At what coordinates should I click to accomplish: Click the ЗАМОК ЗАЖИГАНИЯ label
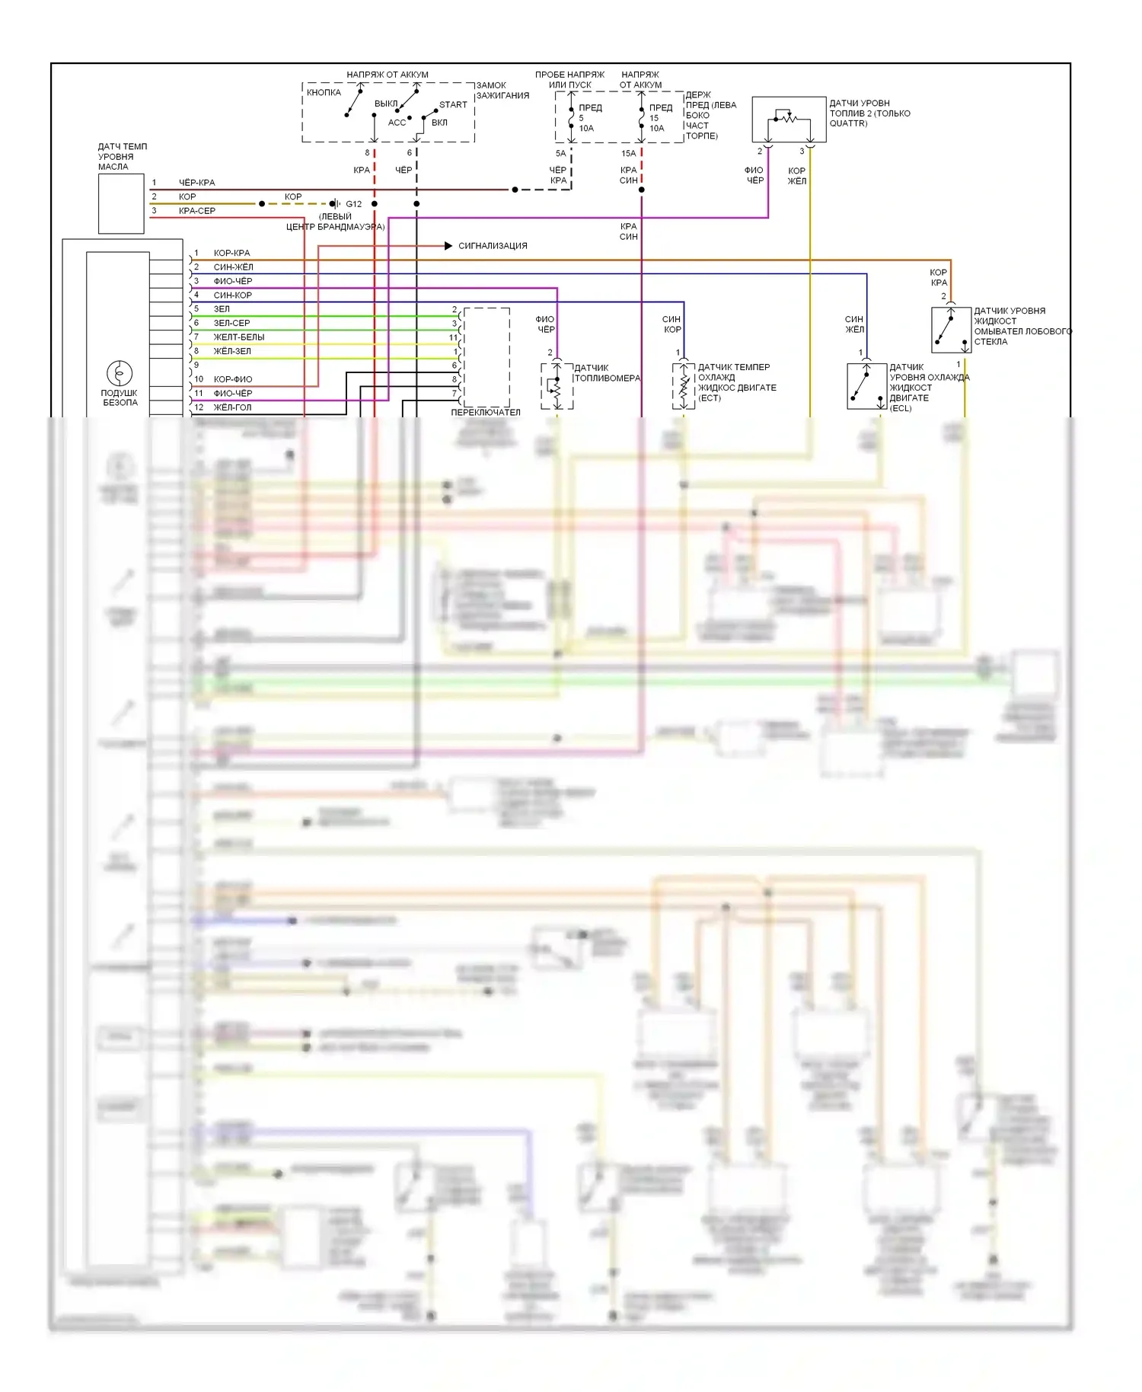(502, 91)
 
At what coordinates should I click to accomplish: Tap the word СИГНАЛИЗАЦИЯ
(493, 246)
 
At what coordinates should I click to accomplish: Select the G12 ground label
(354, 204)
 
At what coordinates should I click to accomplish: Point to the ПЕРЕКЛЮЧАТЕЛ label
(486, 412)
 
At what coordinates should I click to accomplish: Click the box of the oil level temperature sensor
(121, 203)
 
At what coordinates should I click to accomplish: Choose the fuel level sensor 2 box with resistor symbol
(789, 120)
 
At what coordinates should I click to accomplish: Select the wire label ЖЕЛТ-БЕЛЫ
(239, 337)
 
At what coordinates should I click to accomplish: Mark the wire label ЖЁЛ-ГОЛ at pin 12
(232, 407)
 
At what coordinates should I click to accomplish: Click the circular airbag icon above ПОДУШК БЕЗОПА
(120, 373)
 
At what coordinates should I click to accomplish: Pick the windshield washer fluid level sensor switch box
(951, 330)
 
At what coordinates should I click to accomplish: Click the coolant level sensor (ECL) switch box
(866, 386)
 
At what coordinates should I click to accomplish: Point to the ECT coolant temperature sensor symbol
(684, 386)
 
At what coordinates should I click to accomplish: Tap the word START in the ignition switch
(453, 105)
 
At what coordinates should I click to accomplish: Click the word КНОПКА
(324, 93)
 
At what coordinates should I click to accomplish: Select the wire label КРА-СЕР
(197, 211)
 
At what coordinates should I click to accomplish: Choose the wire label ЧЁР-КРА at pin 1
(197, 183)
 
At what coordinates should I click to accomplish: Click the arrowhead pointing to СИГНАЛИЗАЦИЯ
(448, 246)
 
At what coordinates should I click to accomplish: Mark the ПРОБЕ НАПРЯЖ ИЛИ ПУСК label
(569, 80)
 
